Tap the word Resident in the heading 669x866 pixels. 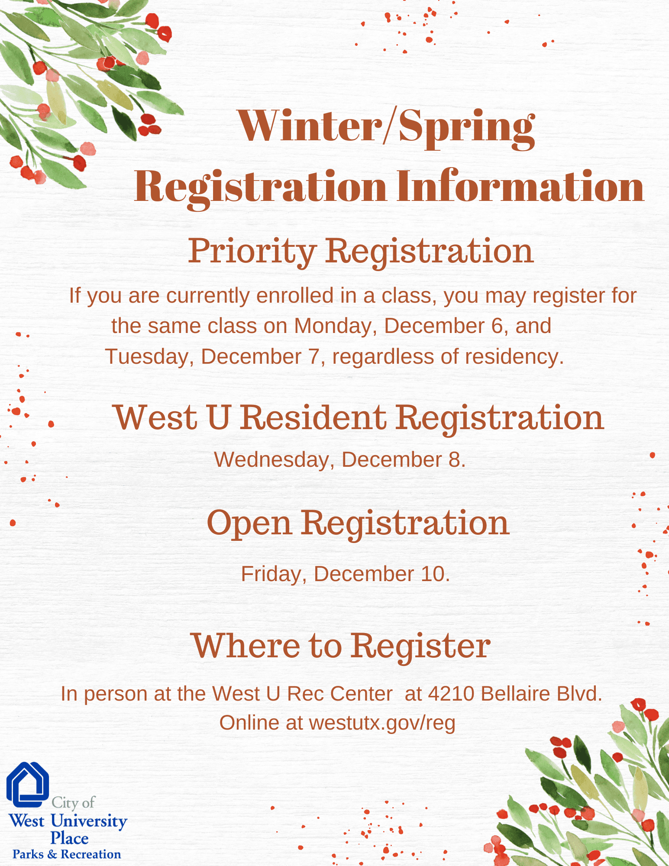(313, 418)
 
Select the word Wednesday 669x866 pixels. (271, 460)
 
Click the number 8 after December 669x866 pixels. (455, 460)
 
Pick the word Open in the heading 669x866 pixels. (249, 523)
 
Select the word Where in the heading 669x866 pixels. (246, 646)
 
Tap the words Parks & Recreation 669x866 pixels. (67, 854)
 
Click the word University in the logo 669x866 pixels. (89, 821)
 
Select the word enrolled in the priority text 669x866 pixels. (295, 296)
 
